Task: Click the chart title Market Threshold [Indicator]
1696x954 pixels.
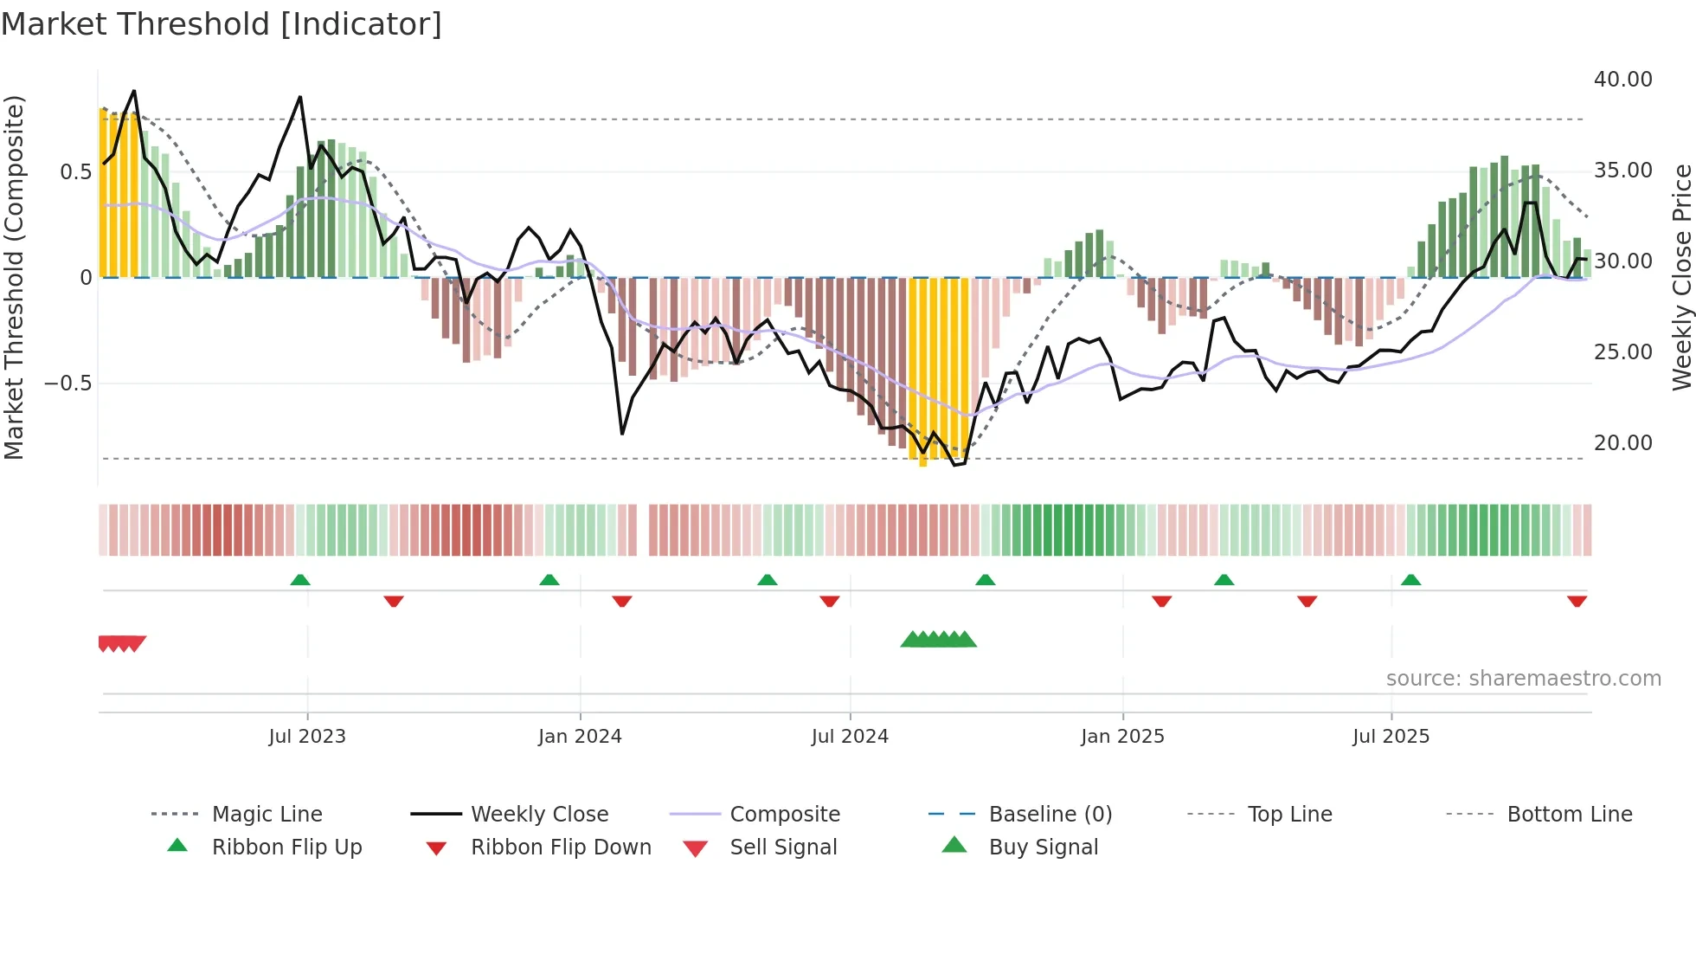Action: pos(222,24)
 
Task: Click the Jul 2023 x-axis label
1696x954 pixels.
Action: pos(306,737)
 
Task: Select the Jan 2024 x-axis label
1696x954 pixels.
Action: pos(580,737)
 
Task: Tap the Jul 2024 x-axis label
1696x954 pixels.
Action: pos(850,737)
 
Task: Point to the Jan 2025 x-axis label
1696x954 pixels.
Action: pos(1122,737)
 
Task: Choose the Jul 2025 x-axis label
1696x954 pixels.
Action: pos(1391,737)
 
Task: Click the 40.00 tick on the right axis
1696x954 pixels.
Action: pos(1622,80)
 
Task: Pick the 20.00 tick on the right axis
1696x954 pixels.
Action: pos(1622,443)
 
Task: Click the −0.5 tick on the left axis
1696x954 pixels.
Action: pos(67,384)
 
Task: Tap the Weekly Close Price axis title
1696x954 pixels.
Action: pos(1681,277)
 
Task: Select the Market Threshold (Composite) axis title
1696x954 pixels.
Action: pos(14,277)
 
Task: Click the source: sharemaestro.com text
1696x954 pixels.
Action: pos(1523,679)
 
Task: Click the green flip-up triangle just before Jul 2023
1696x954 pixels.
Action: pos(300,580)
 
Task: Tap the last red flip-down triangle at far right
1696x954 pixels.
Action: pos(1577,601)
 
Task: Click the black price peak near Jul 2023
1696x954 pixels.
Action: pos(300,98)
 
